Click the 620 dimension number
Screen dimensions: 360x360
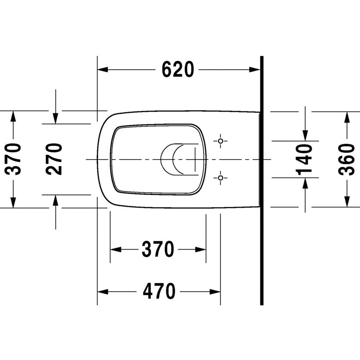pos(178,69)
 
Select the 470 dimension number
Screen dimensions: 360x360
pos(159,291)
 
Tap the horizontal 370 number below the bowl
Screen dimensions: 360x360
pos(158,249)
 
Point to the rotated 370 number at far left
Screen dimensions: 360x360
pos(13,159)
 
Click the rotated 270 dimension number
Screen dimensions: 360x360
pos(54,159)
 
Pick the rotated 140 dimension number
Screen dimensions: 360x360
pos(304,160)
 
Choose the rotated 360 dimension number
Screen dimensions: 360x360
pos(347,160)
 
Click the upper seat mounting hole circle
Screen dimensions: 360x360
pos(220,141)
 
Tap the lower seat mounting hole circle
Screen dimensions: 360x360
pos(220,178)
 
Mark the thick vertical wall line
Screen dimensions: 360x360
pos(262,180)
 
